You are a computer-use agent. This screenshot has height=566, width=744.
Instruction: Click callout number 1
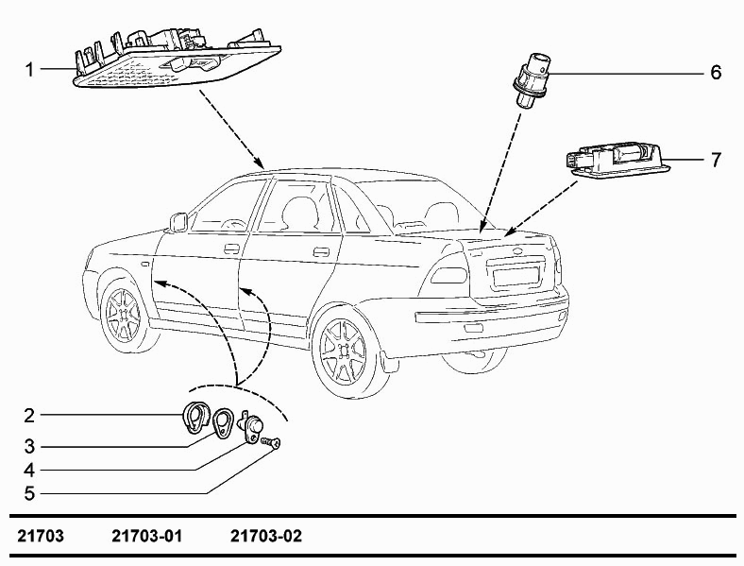pos(30,69)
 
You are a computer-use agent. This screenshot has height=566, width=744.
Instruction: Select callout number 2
pos(30,415)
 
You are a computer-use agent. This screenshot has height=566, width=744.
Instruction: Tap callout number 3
pos(30,445)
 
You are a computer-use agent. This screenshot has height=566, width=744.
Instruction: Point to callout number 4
pos(30,470)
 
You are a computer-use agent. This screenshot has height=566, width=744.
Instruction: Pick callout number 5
pos(30,493)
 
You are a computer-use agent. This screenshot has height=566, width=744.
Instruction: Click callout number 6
pos(715,72)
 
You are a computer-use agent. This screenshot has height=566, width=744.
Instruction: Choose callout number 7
pos(715,160)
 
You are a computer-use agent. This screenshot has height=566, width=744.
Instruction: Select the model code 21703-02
pos(265,537)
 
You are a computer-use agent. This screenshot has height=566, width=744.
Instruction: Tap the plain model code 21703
pos(41,537)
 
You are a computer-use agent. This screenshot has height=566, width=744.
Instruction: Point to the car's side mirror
pos(178,222)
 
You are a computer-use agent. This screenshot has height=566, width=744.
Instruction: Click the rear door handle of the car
pos(321,251)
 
